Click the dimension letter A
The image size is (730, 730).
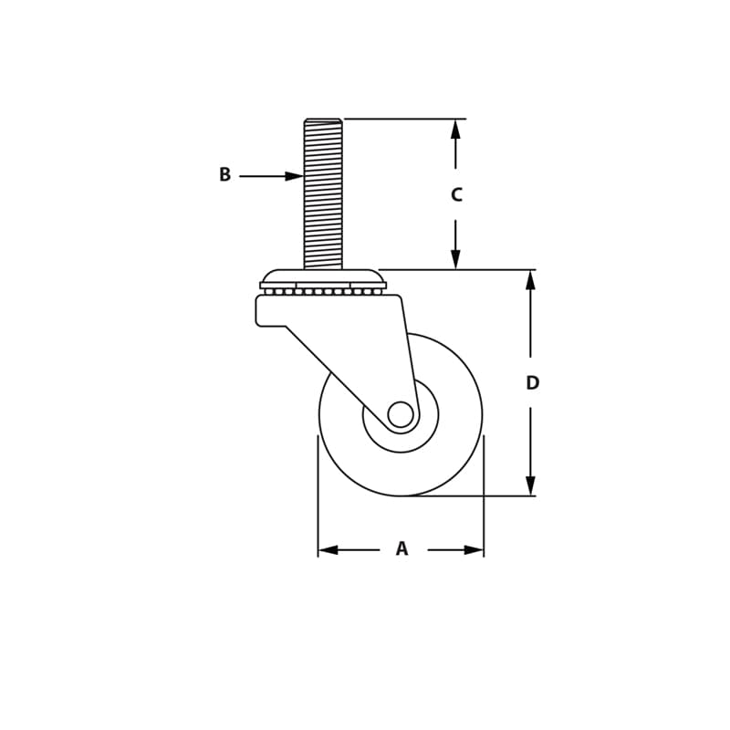tap(401, 549)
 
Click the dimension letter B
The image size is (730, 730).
tap(224, 175)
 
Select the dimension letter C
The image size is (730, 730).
tap(456, 195)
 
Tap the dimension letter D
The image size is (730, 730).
tap(532, 383)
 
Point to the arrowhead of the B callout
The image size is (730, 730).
tap(294, 176)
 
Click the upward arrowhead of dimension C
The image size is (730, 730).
tap(455, 129)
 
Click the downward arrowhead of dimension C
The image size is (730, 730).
tap(455, 259)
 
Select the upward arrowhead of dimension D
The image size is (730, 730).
tap(530, 280)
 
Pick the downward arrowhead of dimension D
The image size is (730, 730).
tap(530, 485)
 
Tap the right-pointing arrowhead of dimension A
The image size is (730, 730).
tap(474, 549)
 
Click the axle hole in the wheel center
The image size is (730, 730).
tap(401, 414)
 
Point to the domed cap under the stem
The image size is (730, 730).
tap(323, 276)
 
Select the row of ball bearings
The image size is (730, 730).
tap(323, 291)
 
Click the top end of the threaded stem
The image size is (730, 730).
tap(323, 120)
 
